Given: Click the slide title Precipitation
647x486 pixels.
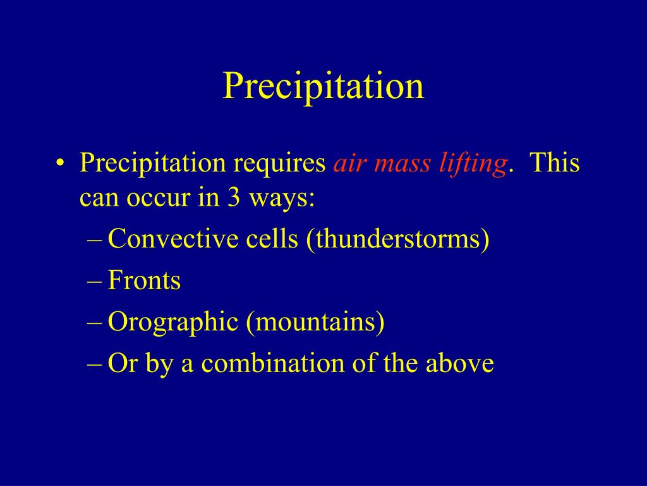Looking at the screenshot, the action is click(x=323, y=86).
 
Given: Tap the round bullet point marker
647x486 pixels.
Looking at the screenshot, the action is click(x=60, y=163).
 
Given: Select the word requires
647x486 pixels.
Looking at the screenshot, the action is click(x=279, y=164).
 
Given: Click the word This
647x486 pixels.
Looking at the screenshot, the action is click(x=554, y=163).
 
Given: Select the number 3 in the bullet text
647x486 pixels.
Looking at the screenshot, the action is click(x=233, y=197).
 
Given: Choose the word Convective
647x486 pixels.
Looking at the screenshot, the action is click(x=173, y=239).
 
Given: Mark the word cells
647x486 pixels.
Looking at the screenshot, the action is click(x=272, y=239).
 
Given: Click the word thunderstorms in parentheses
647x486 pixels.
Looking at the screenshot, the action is click(x=398, y=239).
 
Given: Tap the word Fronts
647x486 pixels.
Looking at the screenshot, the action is click(x=144, y=280).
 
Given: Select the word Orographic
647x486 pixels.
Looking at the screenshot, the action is click(x=173, y=322).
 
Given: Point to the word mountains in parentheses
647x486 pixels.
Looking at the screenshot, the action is click(x=315, y=322).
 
